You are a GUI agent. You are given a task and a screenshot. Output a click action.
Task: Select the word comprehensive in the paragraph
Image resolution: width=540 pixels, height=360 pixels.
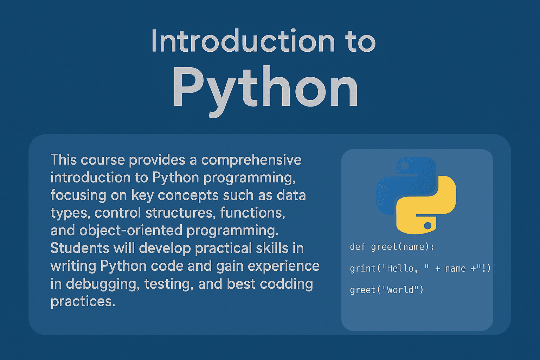point(251,160)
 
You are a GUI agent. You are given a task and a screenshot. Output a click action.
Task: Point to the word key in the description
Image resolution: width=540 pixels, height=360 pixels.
point(142,196)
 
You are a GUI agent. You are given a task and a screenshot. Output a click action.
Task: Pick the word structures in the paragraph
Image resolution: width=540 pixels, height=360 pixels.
point(181,213)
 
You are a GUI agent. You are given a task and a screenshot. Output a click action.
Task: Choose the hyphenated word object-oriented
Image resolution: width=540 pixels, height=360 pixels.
point(131,231)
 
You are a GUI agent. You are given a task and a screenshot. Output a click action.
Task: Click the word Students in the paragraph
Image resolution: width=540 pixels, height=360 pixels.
point(80,248)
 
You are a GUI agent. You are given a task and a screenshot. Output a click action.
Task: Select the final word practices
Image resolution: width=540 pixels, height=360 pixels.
point(83,302)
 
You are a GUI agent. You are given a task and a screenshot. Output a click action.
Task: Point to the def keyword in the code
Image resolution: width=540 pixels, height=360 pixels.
point(358,247)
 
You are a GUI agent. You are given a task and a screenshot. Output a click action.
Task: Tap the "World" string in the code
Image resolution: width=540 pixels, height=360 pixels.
point(400,290)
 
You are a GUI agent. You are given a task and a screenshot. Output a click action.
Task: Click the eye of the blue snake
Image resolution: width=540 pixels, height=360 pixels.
point(405,166)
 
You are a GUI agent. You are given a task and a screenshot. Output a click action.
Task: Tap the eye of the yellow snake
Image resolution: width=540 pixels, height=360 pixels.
point(427,226)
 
